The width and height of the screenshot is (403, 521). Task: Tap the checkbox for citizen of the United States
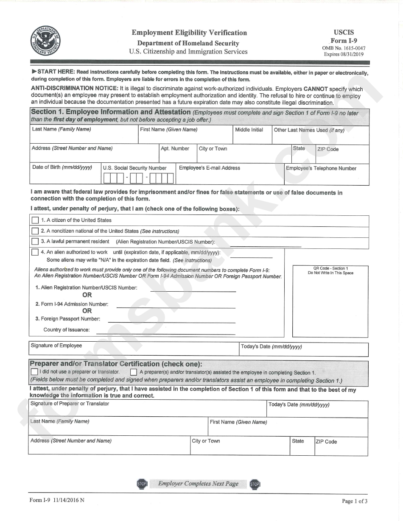click(x=35, y=220)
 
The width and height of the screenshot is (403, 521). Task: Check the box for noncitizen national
click(x=35, y=231)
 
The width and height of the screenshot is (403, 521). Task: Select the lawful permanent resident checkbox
click(x=35, y=242)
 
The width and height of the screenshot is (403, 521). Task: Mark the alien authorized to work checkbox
click(x=35, y=252)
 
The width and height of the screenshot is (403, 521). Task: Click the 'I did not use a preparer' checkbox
click(x=34, y=372)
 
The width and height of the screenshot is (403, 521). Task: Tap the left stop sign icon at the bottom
click(x=141, y=484)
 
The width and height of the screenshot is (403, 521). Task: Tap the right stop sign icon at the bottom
click(x=255, y=484)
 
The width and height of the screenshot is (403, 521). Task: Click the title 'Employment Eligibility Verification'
click(x=189, y=33)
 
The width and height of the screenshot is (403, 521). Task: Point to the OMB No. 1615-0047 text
click(x=344, y=48)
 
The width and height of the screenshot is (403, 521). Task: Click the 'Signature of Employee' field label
click(x=56, y=345)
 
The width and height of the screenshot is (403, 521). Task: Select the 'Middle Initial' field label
click(x=249, y=130)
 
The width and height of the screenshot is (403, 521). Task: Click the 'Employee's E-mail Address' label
click(x=210, y=168)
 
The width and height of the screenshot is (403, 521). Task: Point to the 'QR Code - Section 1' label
click(x=330, y=268)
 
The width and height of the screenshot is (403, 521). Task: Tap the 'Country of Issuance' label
click(x=66, y=330)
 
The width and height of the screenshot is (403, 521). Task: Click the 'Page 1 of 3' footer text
click(x=355, y=501)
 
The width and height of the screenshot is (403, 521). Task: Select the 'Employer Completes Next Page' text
click(x=198, y=484)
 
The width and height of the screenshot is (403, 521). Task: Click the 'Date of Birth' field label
click(x=62, y=167)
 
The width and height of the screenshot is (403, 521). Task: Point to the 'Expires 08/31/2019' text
click(x=344, y=54)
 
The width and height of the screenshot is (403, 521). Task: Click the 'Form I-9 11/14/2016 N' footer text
click(x=57, y=500)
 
